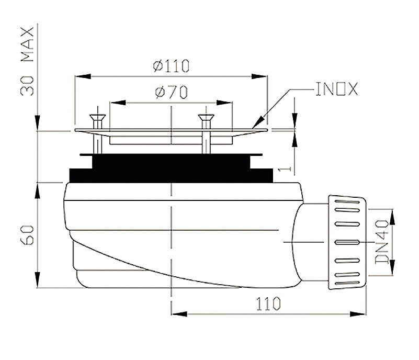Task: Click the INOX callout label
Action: coord(337,89)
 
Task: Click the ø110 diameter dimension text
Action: coord(171,66)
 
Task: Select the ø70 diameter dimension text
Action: coord(171,92)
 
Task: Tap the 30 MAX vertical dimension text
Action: coord(27,61)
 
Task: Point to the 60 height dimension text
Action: coord(27,235)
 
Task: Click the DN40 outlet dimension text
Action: coord(382,242)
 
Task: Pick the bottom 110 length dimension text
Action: coord(268,303)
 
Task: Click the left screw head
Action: coord(98,117)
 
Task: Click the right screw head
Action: coord(206,117)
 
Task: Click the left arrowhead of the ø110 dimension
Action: coord(83,77)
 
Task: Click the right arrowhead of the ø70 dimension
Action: coord(224,103)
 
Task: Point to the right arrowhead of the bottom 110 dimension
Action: coord(358,314)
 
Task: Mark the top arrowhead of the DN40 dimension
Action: coord(392,217)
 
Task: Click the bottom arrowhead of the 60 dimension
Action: coord(38,279)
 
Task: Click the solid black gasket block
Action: coord(171,168)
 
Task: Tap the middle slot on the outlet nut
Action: coord(347,242)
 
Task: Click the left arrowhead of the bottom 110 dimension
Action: coord(179,314)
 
